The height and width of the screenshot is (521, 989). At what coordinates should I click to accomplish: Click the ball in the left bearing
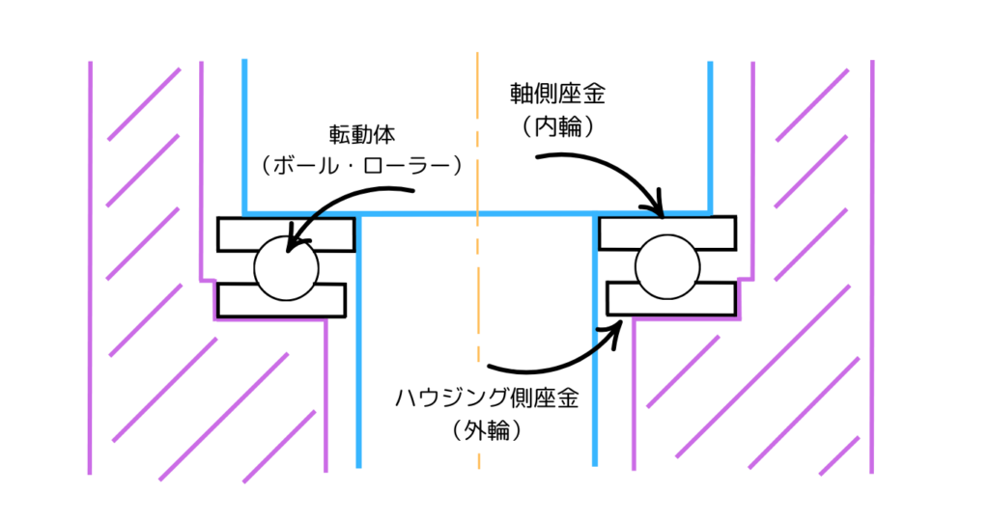(x=285, y=266)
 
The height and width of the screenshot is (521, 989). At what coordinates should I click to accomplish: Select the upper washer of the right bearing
(x=715, y=232)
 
